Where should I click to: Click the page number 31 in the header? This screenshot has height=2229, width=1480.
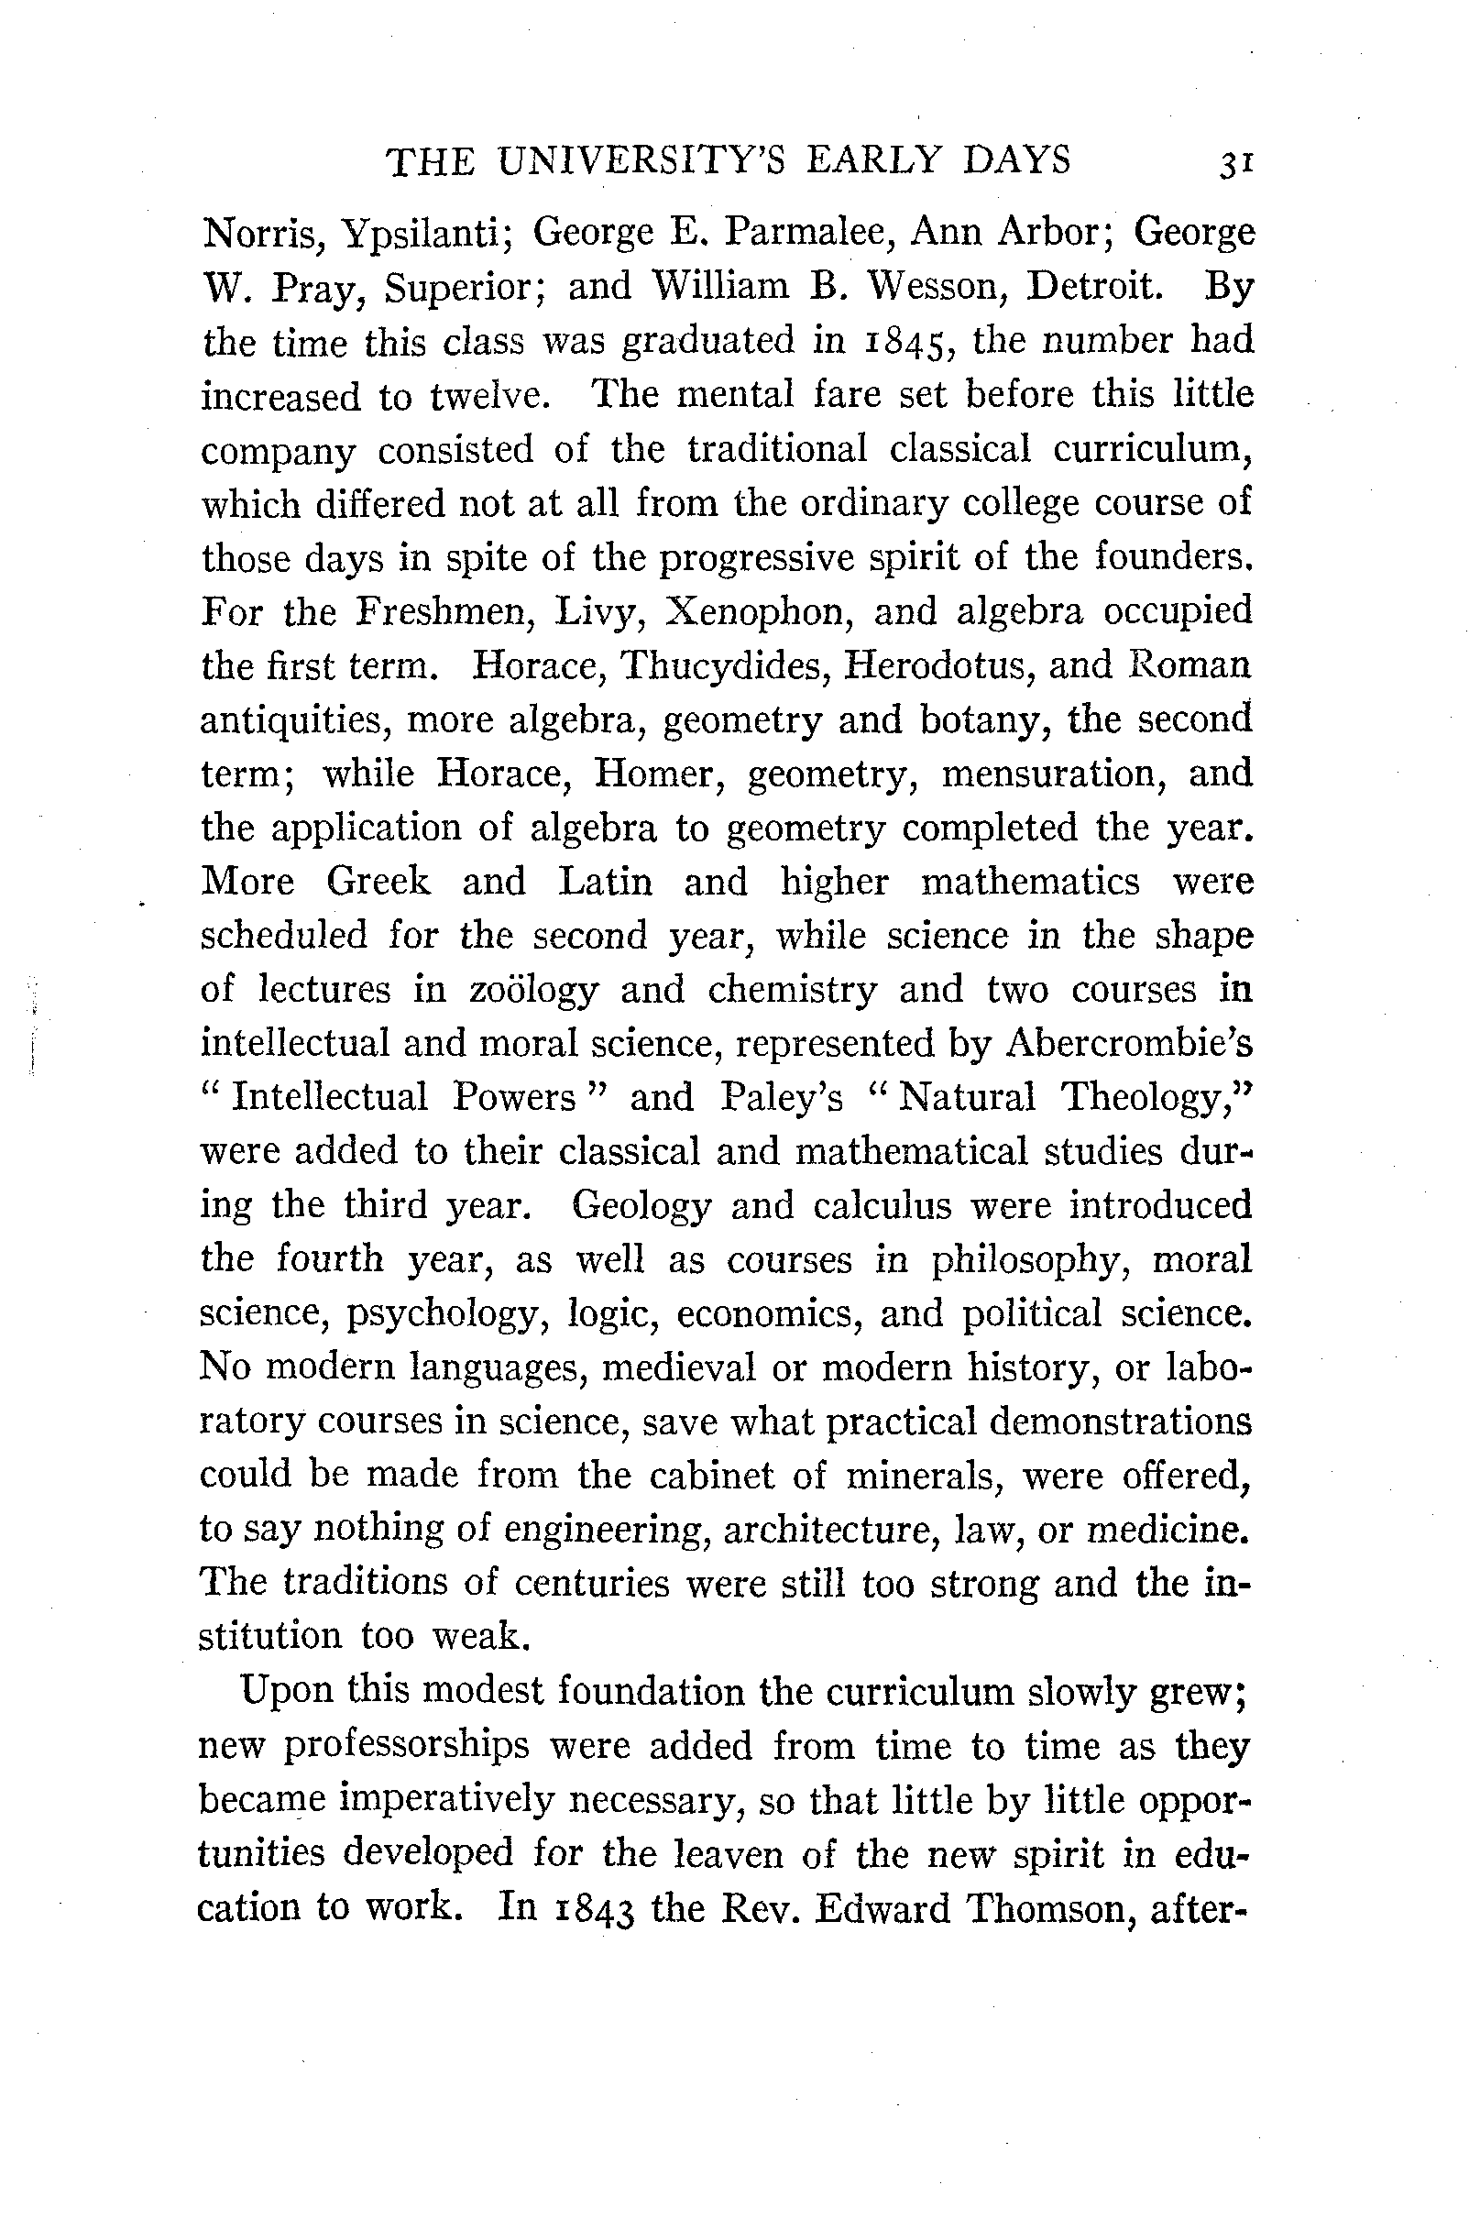pyautogui.click(x=1235, y=163)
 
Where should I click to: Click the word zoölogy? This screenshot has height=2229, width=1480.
pyautogui.click(x=533, y=992)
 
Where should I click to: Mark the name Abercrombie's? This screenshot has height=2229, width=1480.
pyautogui.click(x=1130, y=1044)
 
